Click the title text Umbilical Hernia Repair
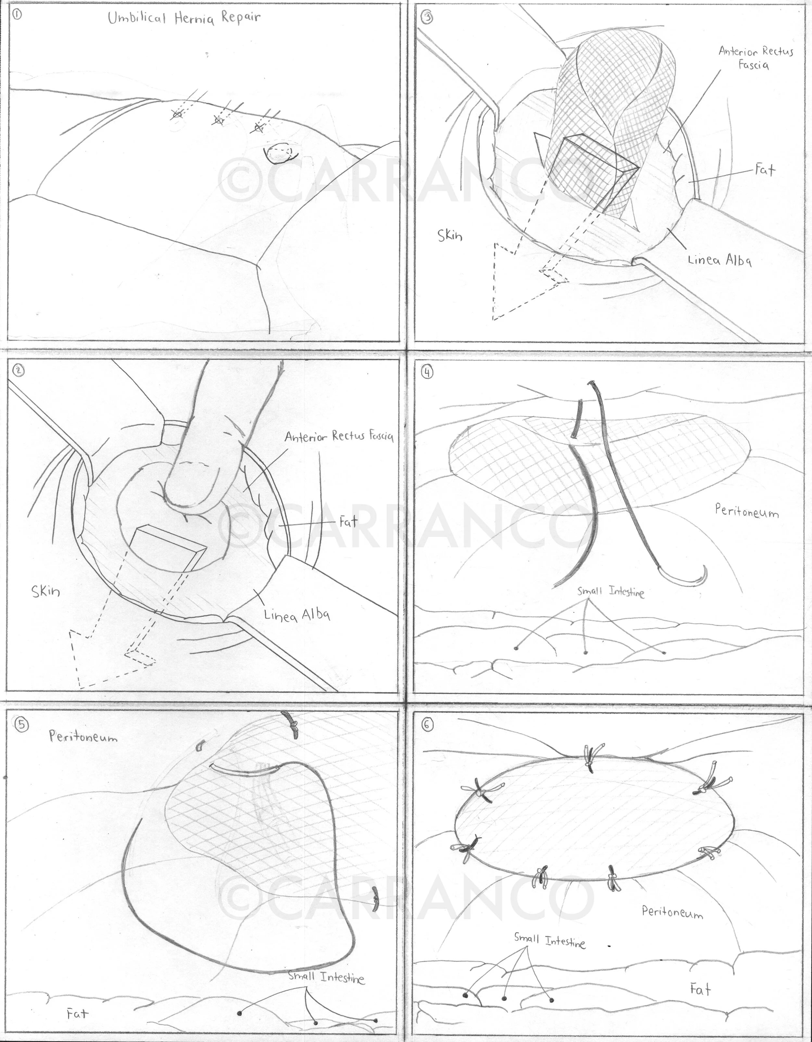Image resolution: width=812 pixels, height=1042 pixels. click(184, 18)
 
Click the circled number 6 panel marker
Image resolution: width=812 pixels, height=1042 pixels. click(427, 724)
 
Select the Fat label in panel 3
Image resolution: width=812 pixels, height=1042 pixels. click(765, 169)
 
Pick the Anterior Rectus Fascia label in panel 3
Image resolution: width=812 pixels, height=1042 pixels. click(756, 58)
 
